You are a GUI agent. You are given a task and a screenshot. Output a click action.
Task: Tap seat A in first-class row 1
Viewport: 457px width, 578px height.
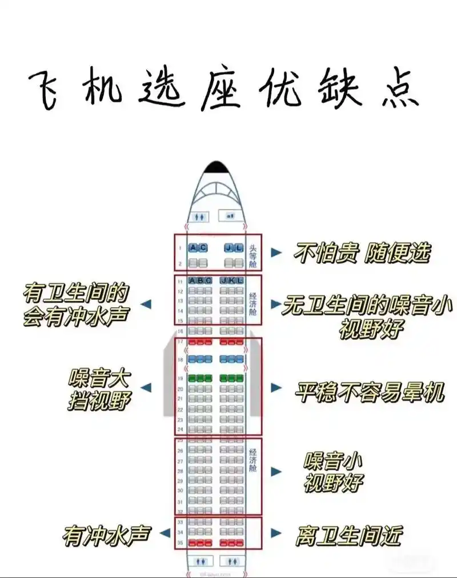[x=193, y=248]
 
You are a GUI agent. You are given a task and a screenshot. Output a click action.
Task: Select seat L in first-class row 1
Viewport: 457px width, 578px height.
[x=239, y=248]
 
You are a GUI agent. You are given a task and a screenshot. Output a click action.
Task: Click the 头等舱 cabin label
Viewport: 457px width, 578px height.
[x=254, y=256]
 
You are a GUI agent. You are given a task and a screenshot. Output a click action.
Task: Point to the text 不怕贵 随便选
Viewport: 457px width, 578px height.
[x=362, y=252]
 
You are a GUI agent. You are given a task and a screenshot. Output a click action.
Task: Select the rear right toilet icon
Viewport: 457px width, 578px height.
[x=231, y=561]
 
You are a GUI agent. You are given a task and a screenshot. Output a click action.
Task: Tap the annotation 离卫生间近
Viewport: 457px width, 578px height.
[x=348, y=536]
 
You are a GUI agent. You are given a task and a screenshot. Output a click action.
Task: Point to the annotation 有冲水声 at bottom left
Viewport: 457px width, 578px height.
[x=107, y=535]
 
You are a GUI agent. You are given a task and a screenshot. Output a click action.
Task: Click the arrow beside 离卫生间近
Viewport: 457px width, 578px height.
[x=276, y=533]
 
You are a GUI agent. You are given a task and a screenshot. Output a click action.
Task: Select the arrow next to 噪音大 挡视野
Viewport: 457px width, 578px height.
[x=147, y=388]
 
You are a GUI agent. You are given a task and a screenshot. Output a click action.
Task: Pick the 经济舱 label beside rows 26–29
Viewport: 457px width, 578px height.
[x=253, y=460]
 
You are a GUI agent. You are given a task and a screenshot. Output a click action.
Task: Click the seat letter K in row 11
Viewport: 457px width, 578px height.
[x=231, y=280]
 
